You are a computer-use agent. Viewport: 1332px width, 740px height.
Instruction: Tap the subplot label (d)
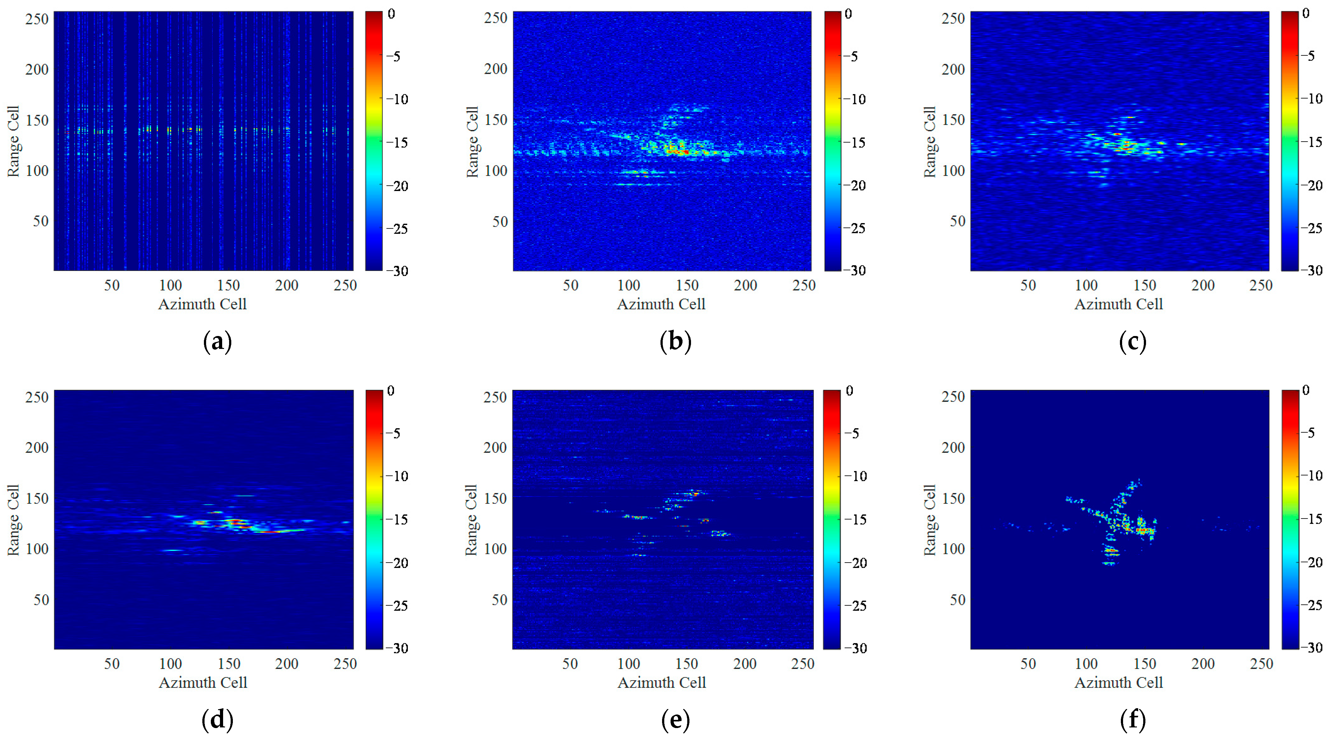(217, 720)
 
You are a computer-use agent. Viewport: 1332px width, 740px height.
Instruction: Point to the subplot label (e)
(675, 720)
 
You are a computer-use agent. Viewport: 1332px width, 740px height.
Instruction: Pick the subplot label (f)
(1132, 720)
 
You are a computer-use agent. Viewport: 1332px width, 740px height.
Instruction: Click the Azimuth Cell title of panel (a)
(202, 304)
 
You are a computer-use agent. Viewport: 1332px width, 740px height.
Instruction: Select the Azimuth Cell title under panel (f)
(1118, 683)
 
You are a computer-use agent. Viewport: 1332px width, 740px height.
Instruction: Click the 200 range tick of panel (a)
(37, 69)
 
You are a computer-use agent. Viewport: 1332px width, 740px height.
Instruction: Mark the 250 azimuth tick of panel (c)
(1261, 285)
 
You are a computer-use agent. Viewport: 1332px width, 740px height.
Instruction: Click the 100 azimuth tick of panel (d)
(170, 664)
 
